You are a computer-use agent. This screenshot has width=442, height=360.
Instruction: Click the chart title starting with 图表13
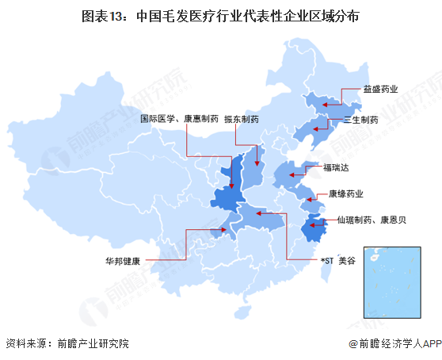point(220,15)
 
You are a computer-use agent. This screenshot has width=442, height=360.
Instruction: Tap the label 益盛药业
point(380,90)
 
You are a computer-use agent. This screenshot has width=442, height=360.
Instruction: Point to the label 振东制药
point(242,119)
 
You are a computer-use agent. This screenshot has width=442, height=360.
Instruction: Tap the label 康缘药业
point(346,193)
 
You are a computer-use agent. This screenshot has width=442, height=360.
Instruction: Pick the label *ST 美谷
point(337,259)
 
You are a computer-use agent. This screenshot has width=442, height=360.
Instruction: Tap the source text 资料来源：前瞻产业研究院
point(67,343)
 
